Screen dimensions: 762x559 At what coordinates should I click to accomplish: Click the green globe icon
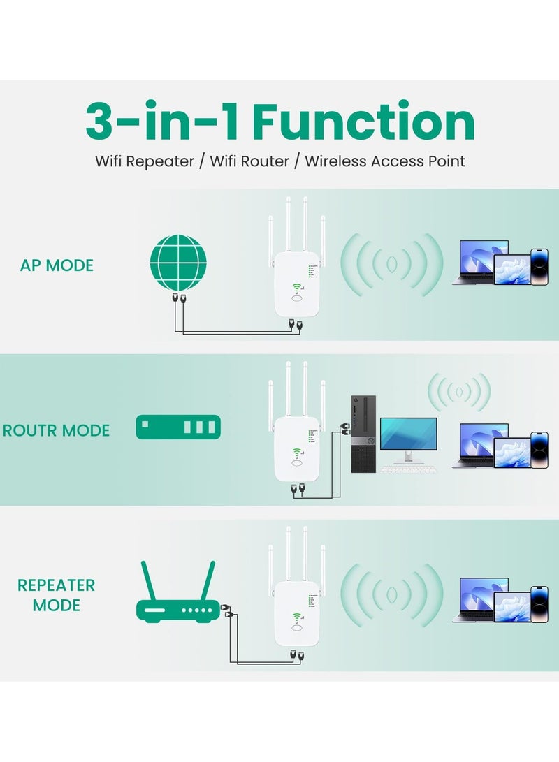tap(178, 262)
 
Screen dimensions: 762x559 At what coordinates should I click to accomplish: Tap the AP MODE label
tap(57, 265)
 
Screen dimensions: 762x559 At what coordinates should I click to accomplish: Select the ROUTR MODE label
tap(57, 430)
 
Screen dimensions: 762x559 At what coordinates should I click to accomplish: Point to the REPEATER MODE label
tap(57, 595)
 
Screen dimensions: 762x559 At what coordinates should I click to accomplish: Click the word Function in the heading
tap(363, 122)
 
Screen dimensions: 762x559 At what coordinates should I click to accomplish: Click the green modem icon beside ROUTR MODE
tap(178, 427)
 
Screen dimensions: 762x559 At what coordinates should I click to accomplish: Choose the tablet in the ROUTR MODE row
tap(511, 452)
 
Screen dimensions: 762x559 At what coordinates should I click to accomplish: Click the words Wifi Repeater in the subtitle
tap(145, 161)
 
